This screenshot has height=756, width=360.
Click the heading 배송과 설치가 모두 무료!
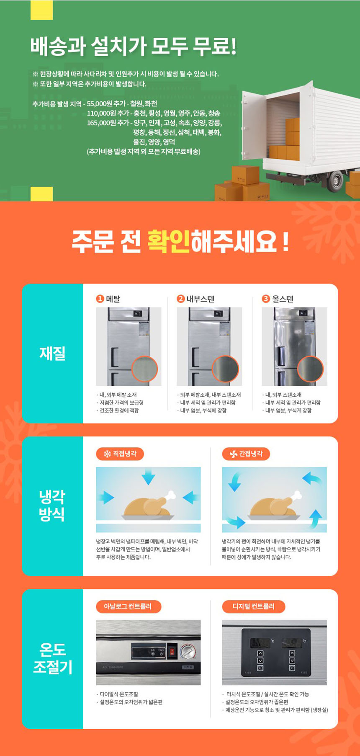coord(133,46)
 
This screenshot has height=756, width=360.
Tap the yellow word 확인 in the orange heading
coord(169,241)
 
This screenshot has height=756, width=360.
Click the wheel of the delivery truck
coord(335,181)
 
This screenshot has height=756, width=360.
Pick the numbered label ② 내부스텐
coord(195,299)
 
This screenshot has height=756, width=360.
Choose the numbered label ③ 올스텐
coord(278,299)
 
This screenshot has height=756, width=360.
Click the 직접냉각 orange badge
coord(120,454)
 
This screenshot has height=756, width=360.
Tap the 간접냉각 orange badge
coord(246,454)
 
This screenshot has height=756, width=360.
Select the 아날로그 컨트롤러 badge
coord(129,606)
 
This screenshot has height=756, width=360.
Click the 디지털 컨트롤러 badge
coord(254,606)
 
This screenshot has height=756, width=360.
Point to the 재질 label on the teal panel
coord(52,353)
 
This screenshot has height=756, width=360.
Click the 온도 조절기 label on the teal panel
coord(52,658)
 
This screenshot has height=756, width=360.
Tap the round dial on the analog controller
coord(188,652)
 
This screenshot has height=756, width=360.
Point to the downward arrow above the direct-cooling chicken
coord(148,477)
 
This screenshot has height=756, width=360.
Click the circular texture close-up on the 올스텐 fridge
coord(310,369)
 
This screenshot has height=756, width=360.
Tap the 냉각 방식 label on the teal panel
coord(52,505)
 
